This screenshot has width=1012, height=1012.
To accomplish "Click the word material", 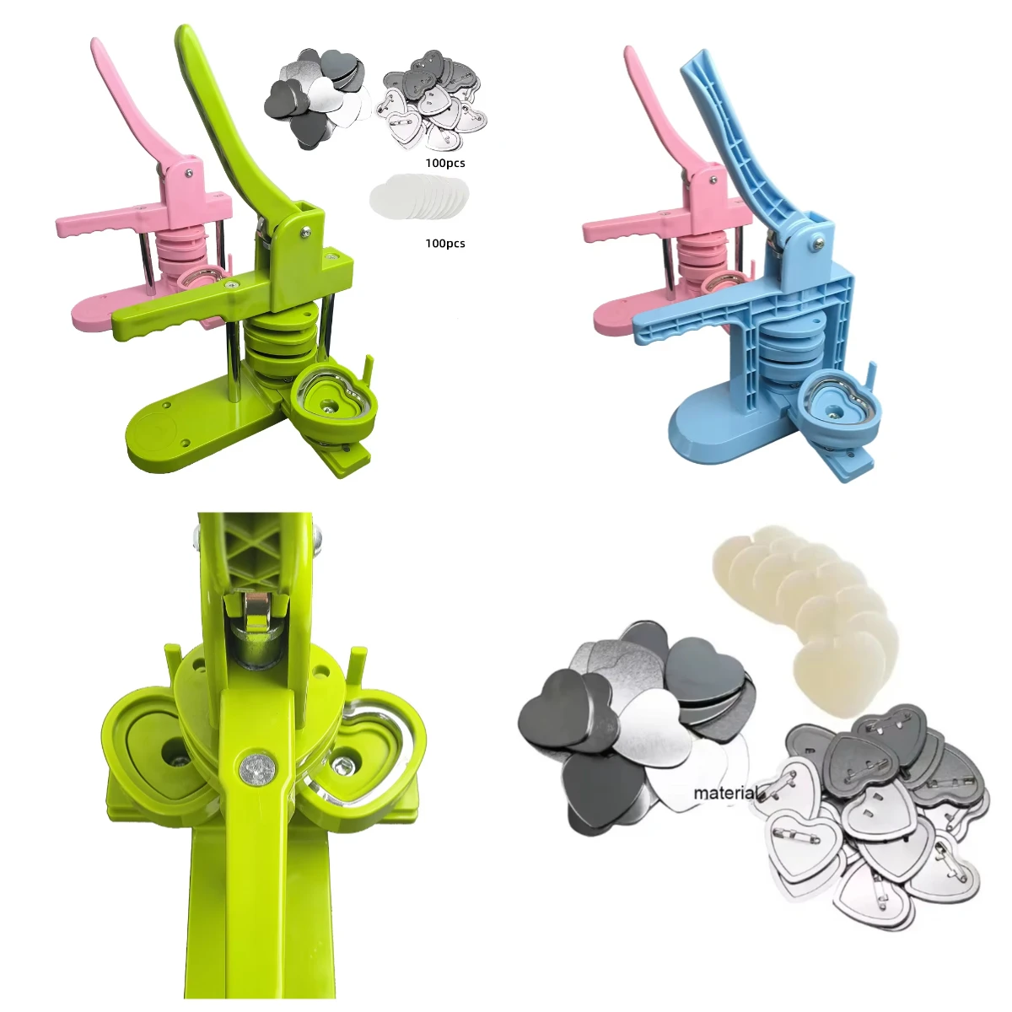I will click(724, 793).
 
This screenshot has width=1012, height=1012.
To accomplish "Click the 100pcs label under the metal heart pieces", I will click(444, 163).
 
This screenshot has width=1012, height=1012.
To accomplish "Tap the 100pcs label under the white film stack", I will click(444, 243).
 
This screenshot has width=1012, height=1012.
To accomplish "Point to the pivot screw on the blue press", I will click(816, 244).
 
